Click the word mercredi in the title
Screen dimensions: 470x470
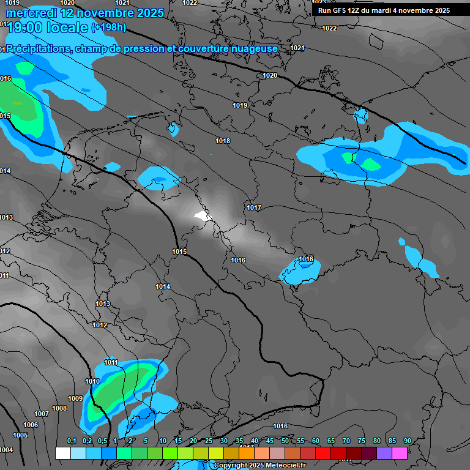click(31, 13)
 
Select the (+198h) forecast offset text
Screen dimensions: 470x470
click(108, 28)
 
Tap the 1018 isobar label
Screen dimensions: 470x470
click(223, 141)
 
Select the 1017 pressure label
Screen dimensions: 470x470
click(254, 208)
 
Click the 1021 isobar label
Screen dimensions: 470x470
click(297, 48)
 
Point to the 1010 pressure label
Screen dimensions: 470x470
click(92, 382)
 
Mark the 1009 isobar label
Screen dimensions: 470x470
click(75, 398)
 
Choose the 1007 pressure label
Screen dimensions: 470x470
click(42, 414)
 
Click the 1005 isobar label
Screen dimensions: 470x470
click(20, 435)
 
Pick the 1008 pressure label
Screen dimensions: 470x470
click(59, 408)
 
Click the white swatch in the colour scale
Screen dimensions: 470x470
click(62, 453)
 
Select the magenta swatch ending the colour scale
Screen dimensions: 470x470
click(400, 453)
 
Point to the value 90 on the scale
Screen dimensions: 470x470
click(407, 441)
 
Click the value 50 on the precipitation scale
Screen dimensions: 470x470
click(285, 441)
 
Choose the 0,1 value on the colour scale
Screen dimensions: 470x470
click(71, 441)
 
